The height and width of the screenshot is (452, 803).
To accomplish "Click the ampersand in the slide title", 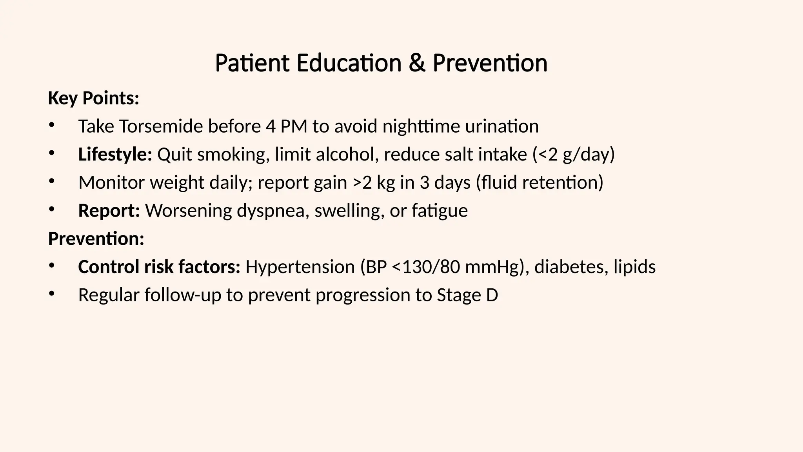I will point(417,63).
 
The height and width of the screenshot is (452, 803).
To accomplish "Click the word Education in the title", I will point(349,63).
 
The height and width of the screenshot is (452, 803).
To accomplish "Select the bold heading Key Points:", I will point(93,98).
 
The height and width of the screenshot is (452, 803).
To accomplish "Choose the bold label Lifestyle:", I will point(115,155).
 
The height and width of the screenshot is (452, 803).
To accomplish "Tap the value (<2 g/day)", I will point(573,155).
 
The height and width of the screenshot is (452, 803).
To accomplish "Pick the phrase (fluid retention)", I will point(540,183).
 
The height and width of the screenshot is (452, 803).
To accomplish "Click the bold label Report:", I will point(109,211).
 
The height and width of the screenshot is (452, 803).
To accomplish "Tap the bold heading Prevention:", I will point(96,239).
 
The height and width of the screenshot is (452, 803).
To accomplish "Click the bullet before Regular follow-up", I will point(51,294).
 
